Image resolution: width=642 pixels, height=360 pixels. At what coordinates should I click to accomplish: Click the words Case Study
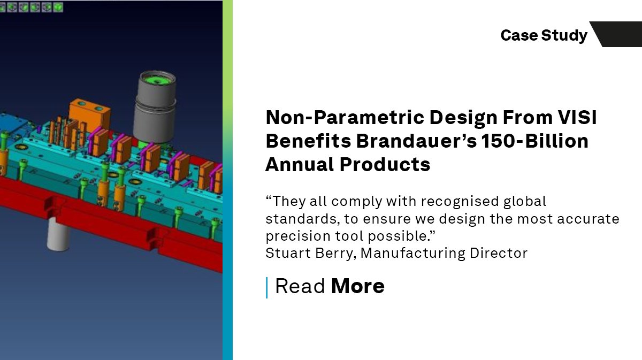[x=544, y=35]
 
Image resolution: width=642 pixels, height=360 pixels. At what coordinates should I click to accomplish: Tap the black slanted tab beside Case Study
[x=618, y=34]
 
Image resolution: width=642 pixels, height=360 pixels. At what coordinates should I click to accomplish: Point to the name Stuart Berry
[x=309, y=253]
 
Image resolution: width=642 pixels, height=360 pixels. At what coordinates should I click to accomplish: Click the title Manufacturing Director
[x=444, y=253]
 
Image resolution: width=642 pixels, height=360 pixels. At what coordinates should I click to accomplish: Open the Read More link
[x=330, y=286]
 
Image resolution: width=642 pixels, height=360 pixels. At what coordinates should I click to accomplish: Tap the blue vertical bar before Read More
[x=266, y=287]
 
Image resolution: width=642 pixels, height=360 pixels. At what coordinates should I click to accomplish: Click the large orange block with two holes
[x=89, y=113]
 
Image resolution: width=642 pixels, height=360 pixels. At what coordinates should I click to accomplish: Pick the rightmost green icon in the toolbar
[x=58, y=7]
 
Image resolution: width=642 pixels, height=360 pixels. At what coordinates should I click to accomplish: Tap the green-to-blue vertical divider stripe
[x=228, y=180]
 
